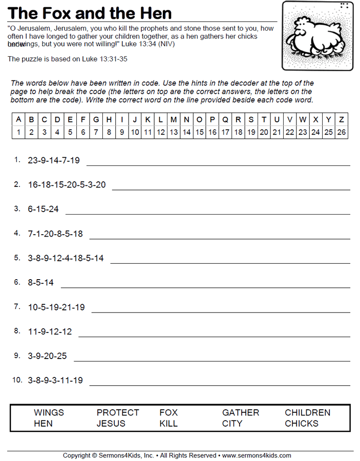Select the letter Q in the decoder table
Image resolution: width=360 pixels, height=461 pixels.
[x=225, y=119]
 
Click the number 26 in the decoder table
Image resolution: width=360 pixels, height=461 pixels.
[x=342, y=132]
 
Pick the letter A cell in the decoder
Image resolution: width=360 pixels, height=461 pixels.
[x=18, y=119]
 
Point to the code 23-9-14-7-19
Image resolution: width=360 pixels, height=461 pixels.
[x=54, y=160]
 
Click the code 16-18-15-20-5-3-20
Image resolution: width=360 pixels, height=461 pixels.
[x=67, y=184]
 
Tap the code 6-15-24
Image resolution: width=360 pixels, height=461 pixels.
[x=43, y=209]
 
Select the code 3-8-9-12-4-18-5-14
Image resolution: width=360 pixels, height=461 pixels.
[x=66, y=258]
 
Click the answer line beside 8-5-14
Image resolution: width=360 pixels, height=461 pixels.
[x=205, y=287]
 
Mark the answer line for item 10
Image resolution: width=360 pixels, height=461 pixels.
[x=220, y=385]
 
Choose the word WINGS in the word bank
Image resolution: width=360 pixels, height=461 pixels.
[x=49, y=412]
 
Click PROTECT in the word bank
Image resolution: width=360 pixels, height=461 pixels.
[x=118, y=412]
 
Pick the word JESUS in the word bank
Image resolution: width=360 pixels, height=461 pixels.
[x=111, y=424]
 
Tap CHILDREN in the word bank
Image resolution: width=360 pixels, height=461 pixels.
[x=307, y=412]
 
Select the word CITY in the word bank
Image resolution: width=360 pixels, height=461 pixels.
[x=232, y=424]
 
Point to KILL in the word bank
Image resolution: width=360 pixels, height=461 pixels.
[x=168, y=424]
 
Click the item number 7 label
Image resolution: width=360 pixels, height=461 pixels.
[x=17, y=306]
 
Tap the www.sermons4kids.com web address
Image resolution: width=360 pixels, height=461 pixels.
[x=257, y=455]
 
